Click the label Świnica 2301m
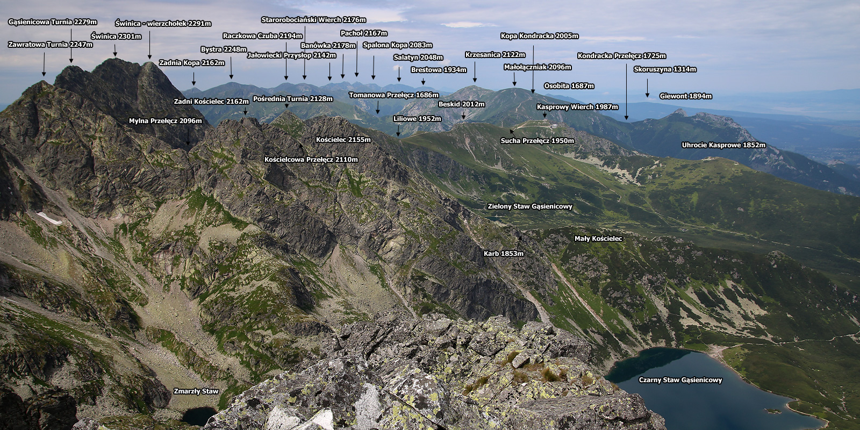(116, 37)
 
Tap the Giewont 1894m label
(686, 96)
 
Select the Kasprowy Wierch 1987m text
(577, 107)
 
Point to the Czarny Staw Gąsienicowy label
(680, 380)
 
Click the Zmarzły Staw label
(196, 391)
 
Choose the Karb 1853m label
(503, 253)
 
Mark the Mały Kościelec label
(598, 239)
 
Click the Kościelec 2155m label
(343, 140)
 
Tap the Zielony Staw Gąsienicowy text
(530, 206)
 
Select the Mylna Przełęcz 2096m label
(165, 121)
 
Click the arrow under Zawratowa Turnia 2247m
(44, 64)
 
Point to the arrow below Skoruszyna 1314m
(647, 88)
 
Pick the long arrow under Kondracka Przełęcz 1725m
(627, 92)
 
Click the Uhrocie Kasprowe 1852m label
(723, 145)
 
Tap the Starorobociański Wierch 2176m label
(313, 19)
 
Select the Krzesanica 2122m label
(495, 54)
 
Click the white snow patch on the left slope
(49, 218)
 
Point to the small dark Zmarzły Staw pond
(199, 416)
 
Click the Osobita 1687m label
(569, 85)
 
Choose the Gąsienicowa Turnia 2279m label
(52, 22)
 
